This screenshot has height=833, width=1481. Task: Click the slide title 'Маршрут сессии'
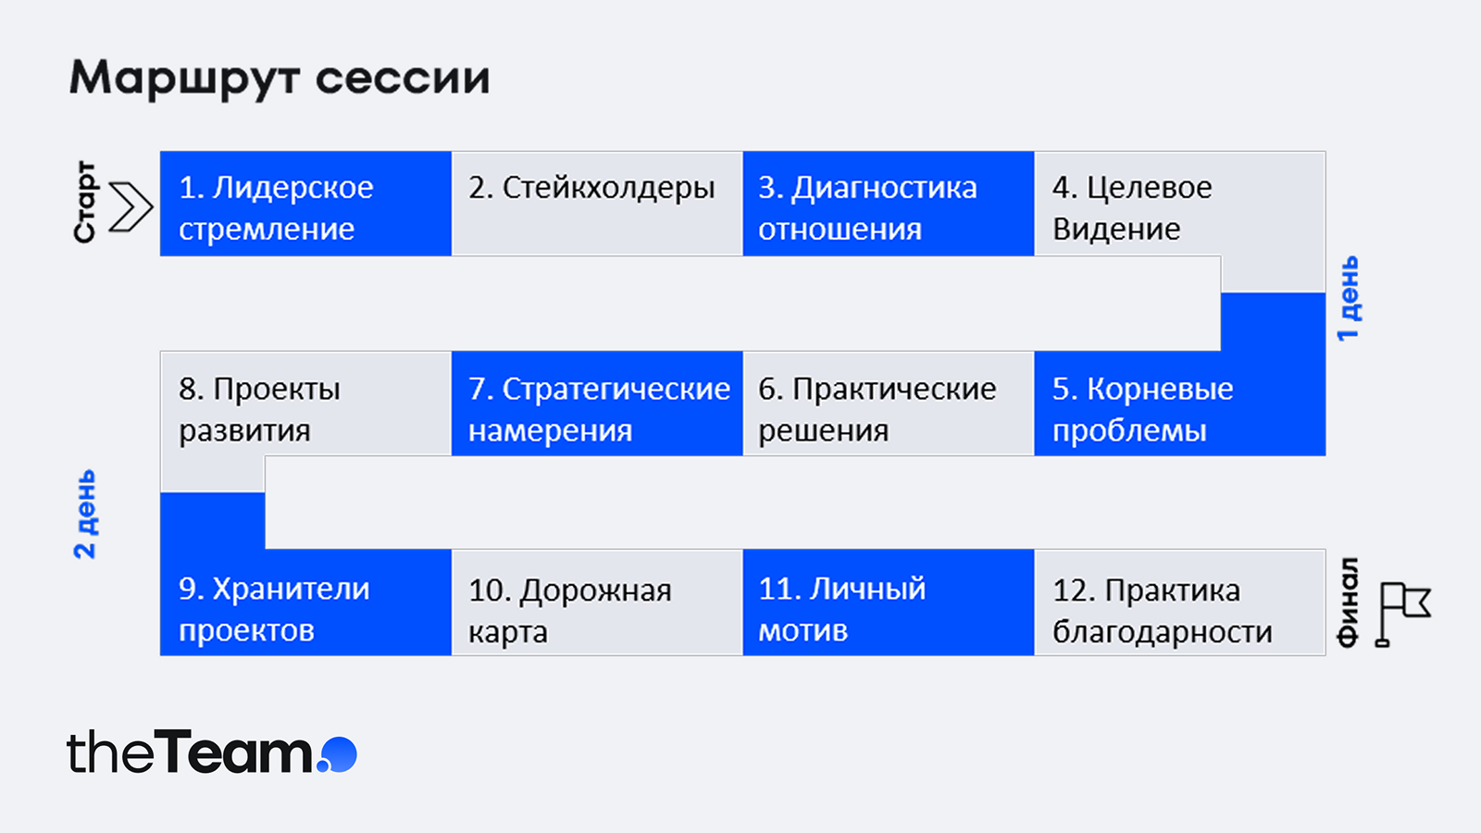pos(280,79)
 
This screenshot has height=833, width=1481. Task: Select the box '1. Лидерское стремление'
pos(305,204)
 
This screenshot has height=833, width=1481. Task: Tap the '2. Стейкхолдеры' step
pos(597,204)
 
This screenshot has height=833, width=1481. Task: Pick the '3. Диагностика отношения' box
pos(889,204)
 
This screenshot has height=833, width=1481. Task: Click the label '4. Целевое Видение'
pos(1132,207)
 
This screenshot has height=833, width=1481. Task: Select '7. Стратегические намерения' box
pos(597,404)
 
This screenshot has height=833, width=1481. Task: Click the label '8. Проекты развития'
pos(259,409)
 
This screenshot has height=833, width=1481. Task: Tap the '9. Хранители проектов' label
pos(274,609)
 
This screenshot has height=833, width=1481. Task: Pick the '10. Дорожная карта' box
pos(597,603)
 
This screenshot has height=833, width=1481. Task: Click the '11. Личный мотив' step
pos(889,603)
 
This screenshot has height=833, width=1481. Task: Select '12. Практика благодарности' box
pos(1180,603)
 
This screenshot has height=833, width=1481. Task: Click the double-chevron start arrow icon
pos(131,206)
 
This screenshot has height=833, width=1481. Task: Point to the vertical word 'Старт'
pos(84,202)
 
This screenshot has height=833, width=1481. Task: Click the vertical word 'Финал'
pos(1348,603)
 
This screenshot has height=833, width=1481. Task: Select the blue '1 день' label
pos(1348,298)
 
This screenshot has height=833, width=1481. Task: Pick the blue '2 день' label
pos(84,515)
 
